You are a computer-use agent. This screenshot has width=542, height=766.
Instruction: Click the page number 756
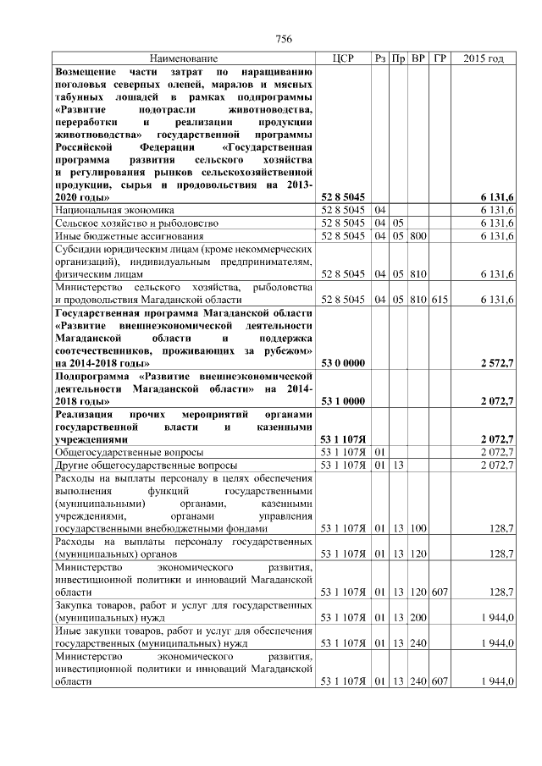tap(284, 39)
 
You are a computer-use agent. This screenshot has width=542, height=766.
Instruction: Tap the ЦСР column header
tap(344, 58)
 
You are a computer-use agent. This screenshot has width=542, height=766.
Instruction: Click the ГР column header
tap(440, 58)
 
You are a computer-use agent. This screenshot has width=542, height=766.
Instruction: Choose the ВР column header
tap(418, 58)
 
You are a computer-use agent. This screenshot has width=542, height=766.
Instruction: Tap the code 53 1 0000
tap(343, 400)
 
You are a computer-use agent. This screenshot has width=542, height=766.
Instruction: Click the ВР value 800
tap(418, 235)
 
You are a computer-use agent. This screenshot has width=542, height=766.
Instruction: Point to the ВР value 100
tap(418, 527)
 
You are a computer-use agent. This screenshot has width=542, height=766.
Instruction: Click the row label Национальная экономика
tap(114, 209)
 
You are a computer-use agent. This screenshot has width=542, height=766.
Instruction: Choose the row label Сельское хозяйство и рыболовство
tap(136, 223)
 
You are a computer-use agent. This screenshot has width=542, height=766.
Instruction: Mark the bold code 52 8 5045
tap(343, 196)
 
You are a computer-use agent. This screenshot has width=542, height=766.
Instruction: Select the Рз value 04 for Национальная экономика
tap(380, 209)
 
